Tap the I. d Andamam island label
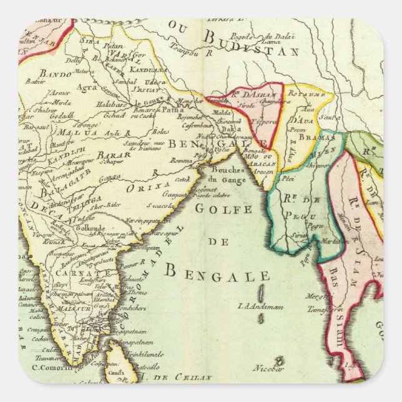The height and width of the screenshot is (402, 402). coord(258,306)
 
